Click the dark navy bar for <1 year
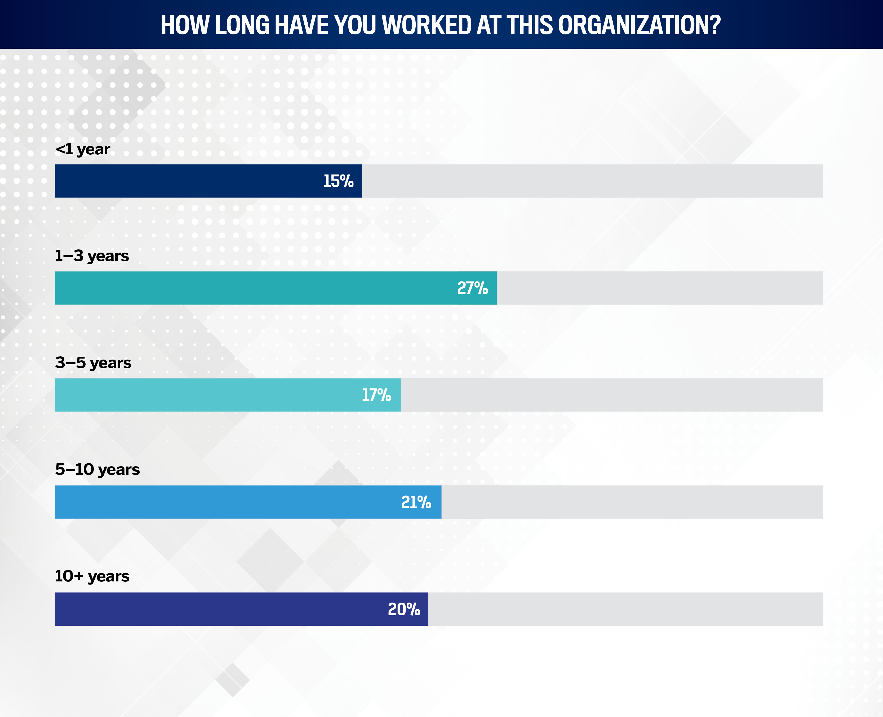pos(186,181)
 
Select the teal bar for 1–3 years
pos(248,288)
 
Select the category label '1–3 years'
pos(92,256)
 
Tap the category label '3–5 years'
pos(93,363)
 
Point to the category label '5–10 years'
pos(97,470)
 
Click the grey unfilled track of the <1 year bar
pos(591,181)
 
